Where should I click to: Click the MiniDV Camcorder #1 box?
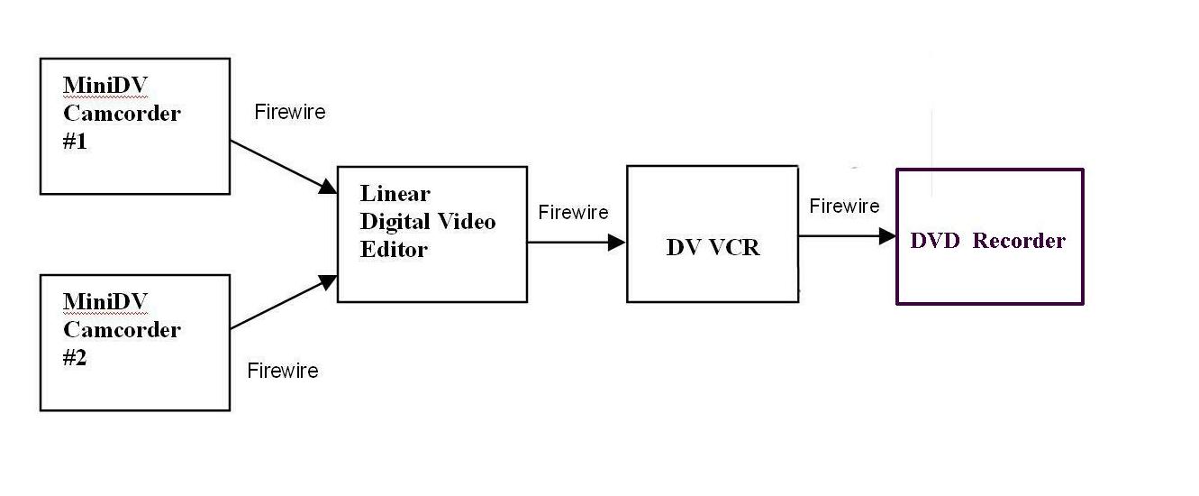point(134,126)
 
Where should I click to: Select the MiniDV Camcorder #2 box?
point(134,343)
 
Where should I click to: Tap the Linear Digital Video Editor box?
point(431,234)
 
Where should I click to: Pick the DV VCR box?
point(713,234)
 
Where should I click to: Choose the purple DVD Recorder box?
point(989,236)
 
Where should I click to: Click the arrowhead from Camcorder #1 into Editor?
point(327,188)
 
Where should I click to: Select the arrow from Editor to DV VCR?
point(577,242)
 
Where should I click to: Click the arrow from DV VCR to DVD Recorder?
point(847,236)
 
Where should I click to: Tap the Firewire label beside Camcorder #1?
point(290,113)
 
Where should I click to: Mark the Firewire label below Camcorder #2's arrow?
point(283,371)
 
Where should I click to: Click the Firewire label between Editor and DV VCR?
point(574,213)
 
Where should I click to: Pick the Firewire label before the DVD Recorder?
point(844,207)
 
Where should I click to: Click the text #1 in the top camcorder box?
point(76,142)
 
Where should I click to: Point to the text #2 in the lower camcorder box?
point(76,358)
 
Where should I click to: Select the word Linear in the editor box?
point(395,194)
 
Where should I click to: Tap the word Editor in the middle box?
point(394,250)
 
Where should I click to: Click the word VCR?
point(732,248)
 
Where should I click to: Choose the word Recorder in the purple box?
point(1019,241)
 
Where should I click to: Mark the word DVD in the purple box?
point(937,241)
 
